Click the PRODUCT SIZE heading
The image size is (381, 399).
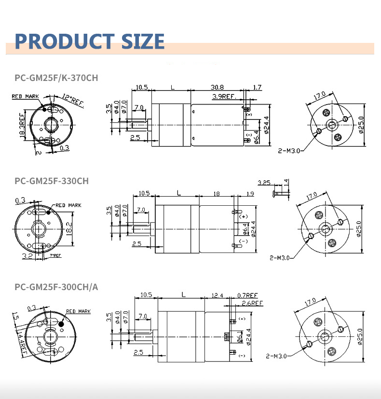point(90,41)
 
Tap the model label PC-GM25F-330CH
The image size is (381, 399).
point(52,181)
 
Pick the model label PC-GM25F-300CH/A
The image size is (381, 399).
point(56,288)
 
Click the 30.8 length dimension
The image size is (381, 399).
point(217,87)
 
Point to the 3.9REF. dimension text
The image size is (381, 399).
point(223,96)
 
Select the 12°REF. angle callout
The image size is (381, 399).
point(74,99)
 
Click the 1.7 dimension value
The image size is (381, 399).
point(257,87)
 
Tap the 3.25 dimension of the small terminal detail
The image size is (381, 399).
point(264,183)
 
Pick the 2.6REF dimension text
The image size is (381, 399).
point(252,303)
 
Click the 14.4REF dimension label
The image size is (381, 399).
point(21,342)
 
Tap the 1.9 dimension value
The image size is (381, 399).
point(249,194)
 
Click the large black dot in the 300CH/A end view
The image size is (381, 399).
point(62,325)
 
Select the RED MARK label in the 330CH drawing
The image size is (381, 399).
point(68,205)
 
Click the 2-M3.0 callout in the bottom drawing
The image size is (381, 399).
point(276,356)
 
